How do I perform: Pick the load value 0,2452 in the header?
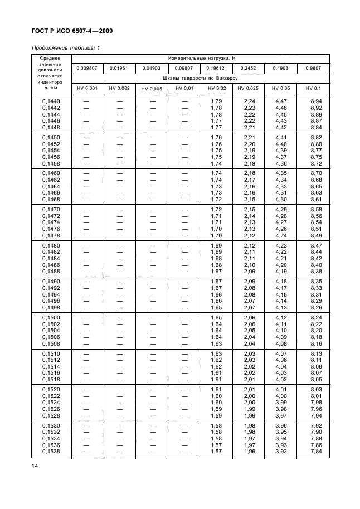247,68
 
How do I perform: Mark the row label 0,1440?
51,101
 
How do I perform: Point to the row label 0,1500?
51,317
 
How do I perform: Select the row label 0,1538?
51,451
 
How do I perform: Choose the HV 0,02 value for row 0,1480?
217,245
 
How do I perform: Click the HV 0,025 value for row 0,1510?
249,353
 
